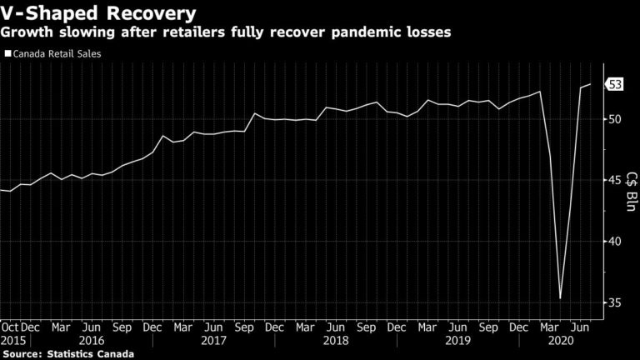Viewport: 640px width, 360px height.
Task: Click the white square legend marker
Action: (x=8, y=55)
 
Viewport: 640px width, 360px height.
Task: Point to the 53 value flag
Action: (x=615, y=84)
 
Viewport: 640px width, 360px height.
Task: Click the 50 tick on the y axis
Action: (x=612, y=119)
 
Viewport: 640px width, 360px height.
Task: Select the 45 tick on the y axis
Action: (x=612, y=180)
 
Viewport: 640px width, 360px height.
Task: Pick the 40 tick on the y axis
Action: (x=612, y=242)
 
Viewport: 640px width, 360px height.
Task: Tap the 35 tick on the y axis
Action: (x=612, y=302)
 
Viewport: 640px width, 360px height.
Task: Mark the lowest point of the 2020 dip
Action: (x=560, y=298)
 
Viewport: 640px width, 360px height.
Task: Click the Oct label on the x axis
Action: (x=9, y=327)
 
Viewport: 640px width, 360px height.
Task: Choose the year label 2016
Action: (x=92, y=340)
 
